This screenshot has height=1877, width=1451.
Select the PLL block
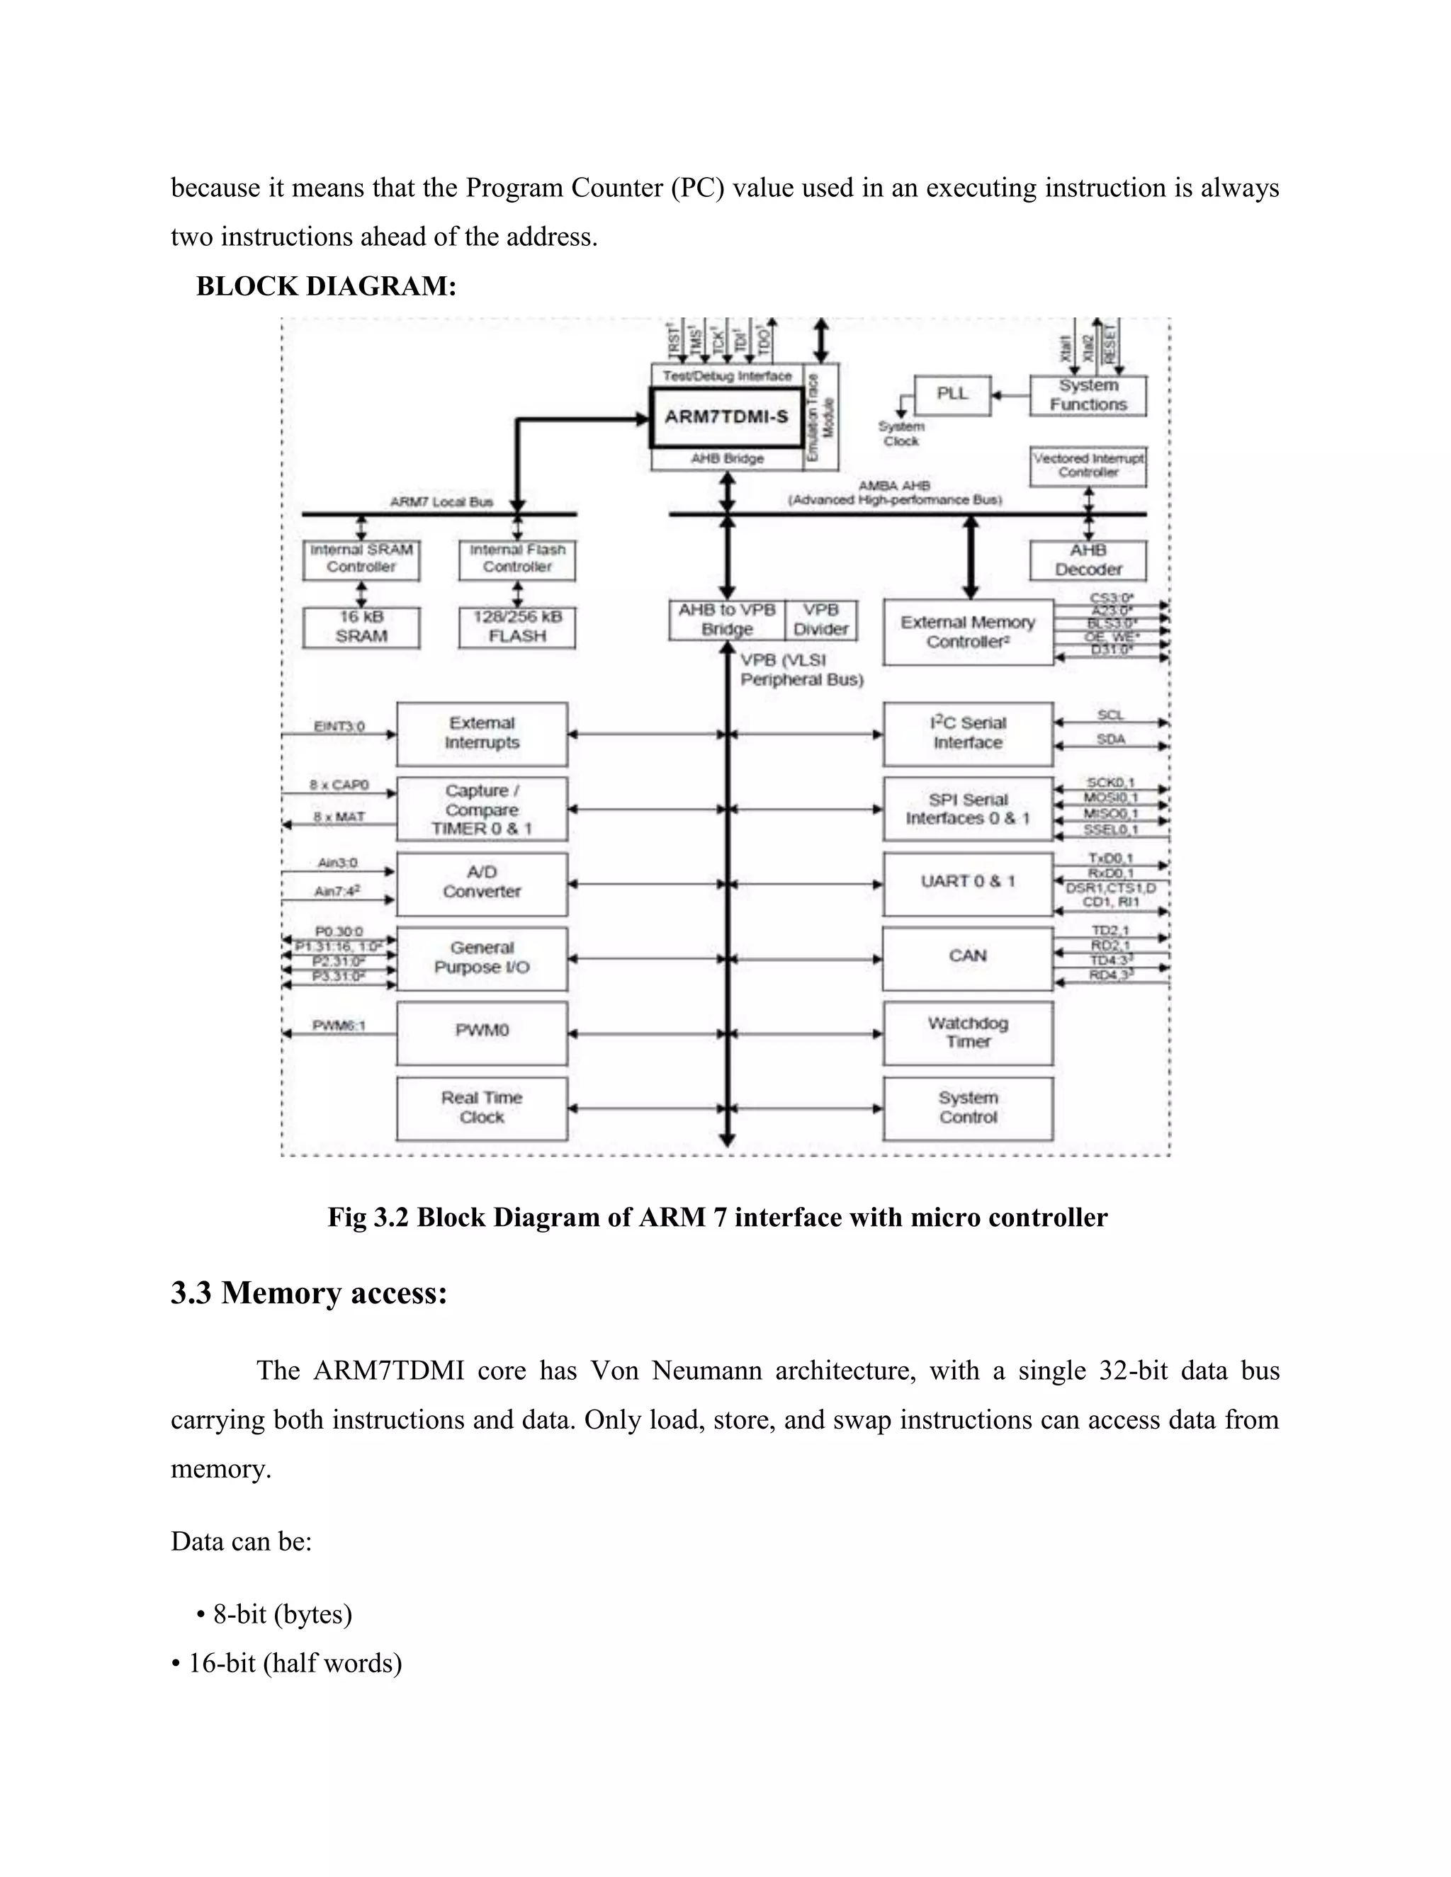coord(952,395)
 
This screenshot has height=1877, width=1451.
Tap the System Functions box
coord(1088,395)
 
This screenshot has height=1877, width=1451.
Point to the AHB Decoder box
coord(1088,560)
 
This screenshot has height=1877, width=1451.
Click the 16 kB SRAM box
coord(361,628)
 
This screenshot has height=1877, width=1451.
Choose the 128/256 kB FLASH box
coord(516,628)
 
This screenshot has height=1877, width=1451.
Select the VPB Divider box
coord(821,620)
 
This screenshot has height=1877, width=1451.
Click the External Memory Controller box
coord(968,632)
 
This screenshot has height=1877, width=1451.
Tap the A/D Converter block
coord(481,883)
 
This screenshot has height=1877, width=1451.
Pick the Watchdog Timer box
coord(968,1032)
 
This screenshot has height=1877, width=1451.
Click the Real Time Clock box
coord(481,1108)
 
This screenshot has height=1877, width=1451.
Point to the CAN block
coord(968,956)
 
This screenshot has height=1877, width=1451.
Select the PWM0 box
coord(481,1031)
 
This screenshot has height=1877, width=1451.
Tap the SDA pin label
coord(1111,739)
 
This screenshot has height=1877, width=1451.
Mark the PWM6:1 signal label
coord(339,1026)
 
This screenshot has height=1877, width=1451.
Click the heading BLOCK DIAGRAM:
coord(326,286)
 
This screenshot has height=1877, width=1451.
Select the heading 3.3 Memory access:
coord(309,1293)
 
